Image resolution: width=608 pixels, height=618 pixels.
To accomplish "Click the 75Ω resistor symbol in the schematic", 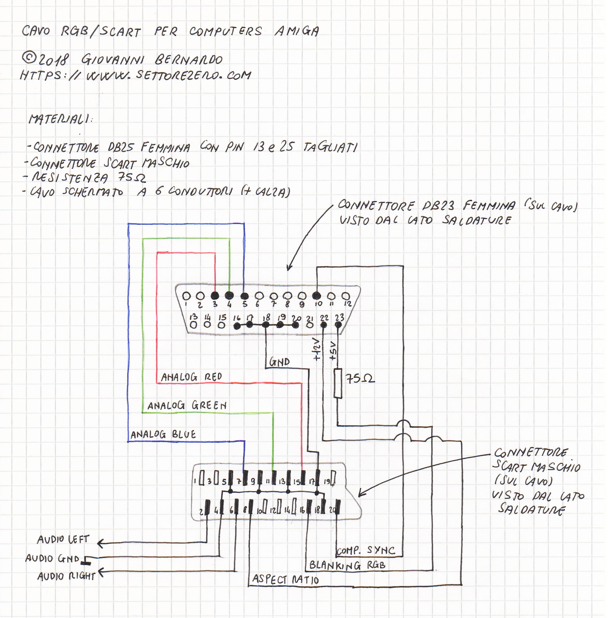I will click(x=338, y=383).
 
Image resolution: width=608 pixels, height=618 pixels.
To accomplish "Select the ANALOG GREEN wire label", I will click(x=187, y=406).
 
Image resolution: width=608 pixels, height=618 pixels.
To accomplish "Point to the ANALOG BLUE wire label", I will click(x=163, y=434).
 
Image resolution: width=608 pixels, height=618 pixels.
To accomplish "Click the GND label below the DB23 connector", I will click(x=280, y=362).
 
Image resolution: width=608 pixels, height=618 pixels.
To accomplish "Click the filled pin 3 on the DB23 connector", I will click(x=215, y=295).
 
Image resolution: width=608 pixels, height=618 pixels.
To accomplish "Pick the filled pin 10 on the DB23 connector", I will click(x=316, y=295).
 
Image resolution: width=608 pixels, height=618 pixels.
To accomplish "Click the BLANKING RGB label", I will click(x=347, y=565).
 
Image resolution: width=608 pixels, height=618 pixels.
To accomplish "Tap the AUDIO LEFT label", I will click(x=63, y=539).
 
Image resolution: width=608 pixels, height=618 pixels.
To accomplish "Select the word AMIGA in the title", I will click(x=297, y=31).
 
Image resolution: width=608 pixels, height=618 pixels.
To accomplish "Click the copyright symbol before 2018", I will click(x=29, y=58).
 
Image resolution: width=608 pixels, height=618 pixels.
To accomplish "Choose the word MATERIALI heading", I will click(x=59, y=119).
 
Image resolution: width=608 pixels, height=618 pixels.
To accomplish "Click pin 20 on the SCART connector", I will click(x=338, y=507).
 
